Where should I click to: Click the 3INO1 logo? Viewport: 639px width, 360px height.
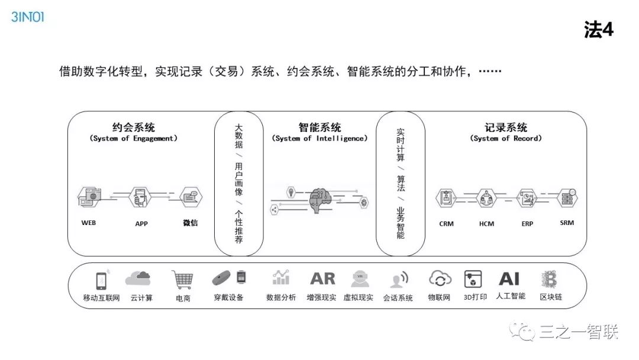pos(27,17)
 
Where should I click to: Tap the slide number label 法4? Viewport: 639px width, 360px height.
pos(598,30)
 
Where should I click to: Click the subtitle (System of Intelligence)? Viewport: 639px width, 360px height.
pos(319,139)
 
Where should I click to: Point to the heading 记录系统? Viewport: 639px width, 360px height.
pos(505,127)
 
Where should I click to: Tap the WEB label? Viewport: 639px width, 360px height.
pos(89,223)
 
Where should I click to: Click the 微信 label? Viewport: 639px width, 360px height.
pos(191,223)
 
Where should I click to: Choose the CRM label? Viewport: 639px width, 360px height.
pos(447,224)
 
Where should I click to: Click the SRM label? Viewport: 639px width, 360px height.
pos(567,223)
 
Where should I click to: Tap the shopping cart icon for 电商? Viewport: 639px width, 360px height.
pos(182,279)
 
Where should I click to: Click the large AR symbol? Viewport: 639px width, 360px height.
pos(322,278)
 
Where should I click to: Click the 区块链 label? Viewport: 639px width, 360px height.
pos(551,297)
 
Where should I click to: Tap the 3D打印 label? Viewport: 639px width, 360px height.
pos(475,297)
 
